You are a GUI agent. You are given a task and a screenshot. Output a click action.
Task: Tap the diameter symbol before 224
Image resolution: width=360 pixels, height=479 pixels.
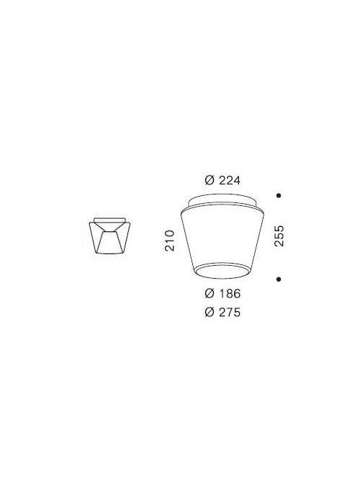pyautogui.click(x=210, y=180)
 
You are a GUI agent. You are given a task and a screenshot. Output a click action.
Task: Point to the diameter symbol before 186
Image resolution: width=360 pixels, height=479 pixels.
pyautogui.click(x=209, y=294)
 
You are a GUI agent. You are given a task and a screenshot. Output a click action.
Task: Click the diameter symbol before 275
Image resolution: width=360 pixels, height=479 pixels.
pyautogui.click(x=209, y=313)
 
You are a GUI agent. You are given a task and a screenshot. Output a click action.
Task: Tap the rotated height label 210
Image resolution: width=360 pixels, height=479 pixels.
pyautogui.click(x=171, y=240)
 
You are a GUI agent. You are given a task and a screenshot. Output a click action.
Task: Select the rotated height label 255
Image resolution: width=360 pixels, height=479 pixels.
pyautogui.click(x=279, y=236)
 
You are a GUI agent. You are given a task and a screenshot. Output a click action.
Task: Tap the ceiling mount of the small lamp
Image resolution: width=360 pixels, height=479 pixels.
pyautogui.click(x=109, y=219)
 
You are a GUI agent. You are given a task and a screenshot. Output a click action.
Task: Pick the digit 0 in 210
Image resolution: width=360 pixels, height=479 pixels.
pyautogui.click(x=171, y=232)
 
